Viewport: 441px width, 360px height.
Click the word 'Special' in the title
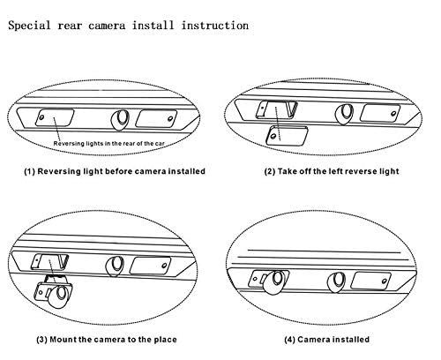coord(29,26)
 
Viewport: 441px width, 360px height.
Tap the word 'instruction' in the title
coord(215,25)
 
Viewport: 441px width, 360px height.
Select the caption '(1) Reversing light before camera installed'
coord(115,171)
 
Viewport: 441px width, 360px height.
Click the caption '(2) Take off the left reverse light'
coord(332,171)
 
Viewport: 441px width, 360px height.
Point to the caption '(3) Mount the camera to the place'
coord(107,340)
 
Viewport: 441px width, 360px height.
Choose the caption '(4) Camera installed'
coord(326,340)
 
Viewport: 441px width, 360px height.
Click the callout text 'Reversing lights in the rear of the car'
coord(108,144)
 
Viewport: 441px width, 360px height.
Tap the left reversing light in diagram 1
coord(55,117)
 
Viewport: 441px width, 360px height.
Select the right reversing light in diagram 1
coord(156,118)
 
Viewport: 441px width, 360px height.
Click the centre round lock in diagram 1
coord(120,119)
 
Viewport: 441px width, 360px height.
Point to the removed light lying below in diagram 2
coord(287,136)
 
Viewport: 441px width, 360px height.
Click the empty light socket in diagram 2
coord(277,109)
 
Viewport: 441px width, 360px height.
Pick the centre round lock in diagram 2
coord(345,114)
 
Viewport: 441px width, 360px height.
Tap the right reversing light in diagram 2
coord(380,113)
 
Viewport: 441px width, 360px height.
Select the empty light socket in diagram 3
coord(49,262)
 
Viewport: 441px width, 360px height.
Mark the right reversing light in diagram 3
coord(150,266)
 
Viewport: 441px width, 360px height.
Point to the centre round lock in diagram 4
coord(337,282)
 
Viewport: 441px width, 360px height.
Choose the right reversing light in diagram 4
coord(371,281)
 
